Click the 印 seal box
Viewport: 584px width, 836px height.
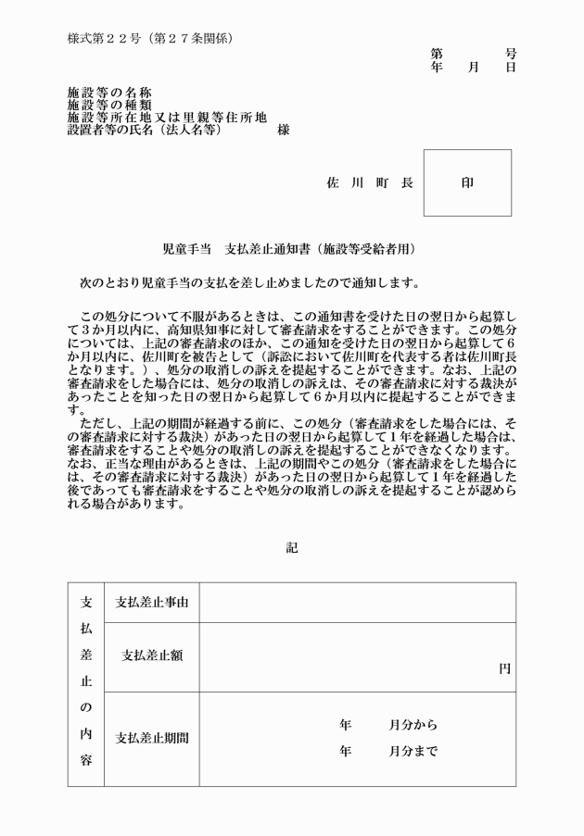(467, 183)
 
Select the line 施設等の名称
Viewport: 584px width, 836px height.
(109, 93)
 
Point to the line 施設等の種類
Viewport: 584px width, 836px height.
(109, 106)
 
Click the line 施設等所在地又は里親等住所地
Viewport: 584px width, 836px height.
(167, 118)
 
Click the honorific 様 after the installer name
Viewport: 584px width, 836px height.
(283, 131)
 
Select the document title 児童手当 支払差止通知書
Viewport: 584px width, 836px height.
(288, 249)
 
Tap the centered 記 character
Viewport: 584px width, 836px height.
(292, 548)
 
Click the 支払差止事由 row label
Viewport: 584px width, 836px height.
(152, 603)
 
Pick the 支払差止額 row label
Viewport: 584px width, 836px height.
(152, 656)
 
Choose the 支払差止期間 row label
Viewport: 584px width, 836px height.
(152, 739)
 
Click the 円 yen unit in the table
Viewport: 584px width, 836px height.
(504, 668)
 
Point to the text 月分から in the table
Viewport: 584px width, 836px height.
(413, 725)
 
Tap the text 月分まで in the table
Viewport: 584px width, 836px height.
(413, 752)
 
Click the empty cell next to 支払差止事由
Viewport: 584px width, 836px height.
(357, 603)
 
